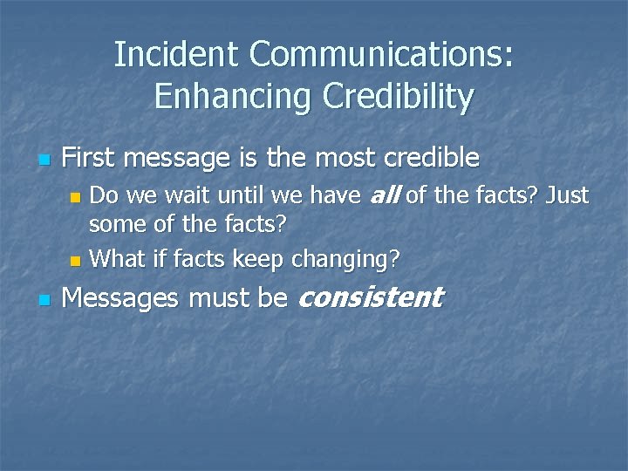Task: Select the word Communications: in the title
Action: [x=381, y=55]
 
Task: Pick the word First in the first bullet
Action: [x=90, y=158]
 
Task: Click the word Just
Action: [x=567, y=195]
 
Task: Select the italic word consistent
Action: [x=371, y=298]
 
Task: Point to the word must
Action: [x=221, y=299]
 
